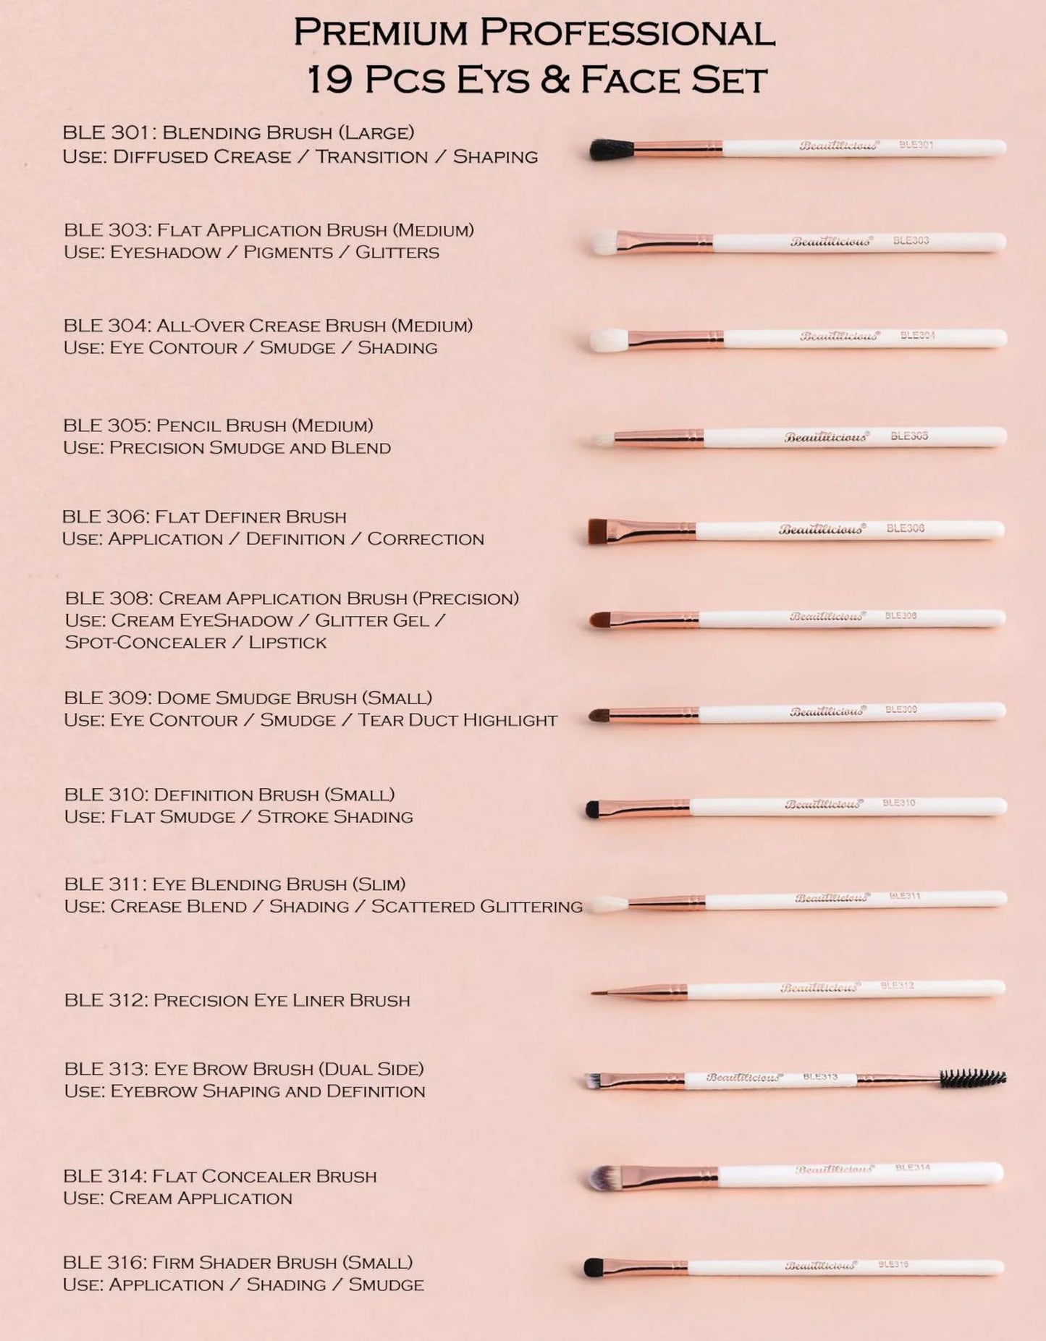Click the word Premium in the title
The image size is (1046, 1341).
[381, 33]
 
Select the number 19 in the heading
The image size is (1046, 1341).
[329, 80]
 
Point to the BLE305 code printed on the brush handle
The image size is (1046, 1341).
[908, 436]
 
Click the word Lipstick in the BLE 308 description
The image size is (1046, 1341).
[287, 643]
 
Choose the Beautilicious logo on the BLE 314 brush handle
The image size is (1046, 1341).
[834, 1169]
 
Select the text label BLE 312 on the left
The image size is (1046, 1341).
[108, 1000]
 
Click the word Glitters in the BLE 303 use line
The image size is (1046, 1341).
[397, 253]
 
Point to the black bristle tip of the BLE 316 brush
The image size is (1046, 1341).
[594, 1267]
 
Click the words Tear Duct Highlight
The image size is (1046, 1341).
[457, 720]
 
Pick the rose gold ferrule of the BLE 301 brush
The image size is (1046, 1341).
[678, 149]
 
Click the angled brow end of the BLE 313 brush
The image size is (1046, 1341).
[593, 1081]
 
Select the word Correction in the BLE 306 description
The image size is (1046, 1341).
[425, 539]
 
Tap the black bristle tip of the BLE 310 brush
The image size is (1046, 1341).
[593, 809]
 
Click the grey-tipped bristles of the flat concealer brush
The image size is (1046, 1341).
[604, 1178]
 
